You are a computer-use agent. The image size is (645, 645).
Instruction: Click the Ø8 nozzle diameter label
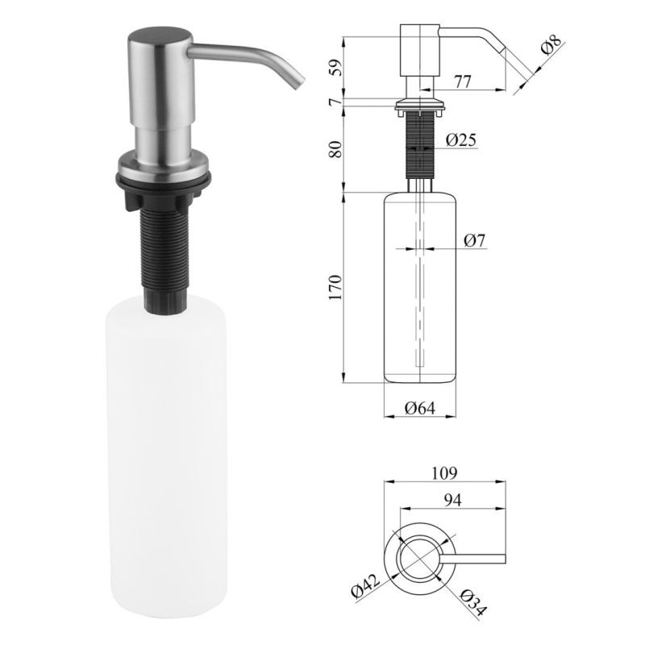click(x=551, y=45)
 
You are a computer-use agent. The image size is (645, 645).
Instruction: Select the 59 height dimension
click(x=336, y=68)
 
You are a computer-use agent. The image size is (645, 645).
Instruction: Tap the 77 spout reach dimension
click(x=463, y=81)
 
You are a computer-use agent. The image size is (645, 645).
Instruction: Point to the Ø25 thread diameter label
click(x=461, y=140)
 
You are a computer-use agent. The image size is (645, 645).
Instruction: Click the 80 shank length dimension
click(x=336, y=149)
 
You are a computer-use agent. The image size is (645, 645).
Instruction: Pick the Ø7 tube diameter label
click(x=474, y=240)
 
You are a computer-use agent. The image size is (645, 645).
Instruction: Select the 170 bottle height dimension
click(x=335, y=287)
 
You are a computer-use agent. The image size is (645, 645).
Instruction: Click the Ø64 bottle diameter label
click(x=419, y=408)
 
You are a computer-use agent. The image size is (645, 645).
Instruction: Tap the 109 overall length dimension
click(x=444, y=473)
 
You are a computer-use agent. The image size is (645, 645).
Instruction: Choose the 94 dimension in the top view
click(x=452, y=500)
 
